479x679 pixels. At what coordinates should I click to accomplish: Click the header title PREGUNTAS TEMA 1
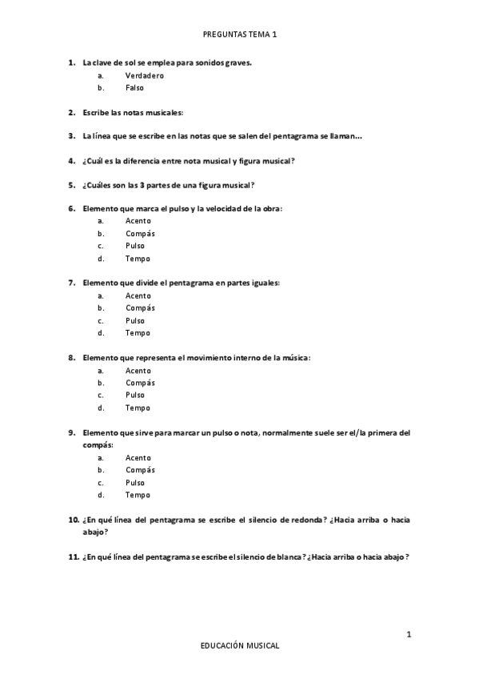239,34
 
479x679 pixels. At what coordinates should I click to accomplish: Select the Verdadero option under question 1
144,75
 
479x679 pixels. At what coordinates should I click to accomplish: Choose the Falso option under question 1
134,88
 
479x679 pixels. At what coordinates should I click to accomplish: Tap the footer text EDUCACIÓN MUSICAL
240,645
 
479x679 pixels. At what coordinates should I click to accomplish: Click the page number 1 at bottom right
409,635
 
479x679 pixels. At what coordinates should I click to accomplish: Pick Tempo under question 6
138,259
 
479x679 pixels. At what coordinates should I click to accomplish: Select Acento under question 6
138,221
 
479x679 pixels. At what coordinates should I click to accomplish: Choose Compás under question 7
140,308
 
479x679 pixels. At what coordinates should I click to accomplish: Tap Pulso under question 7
135,320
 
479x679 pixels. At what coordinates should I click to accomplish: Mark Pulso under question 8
135,395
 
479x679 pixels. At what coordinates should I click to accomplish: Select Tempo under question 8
138,408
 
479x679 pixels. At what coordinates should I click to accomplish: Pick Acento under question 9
138,457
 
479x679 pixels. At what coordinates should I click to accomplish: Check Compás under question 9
140,470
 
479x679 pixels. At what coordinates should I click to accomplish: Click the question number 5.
71,185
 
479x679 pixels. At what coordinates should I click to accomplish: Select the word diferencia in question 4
150,160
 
